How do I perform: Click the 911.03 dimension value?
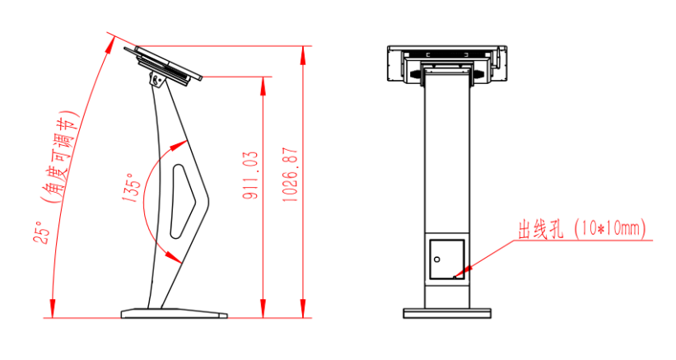click(x=253, y=175)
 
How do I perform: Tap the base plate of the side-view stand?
click(x=174, y=313)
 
